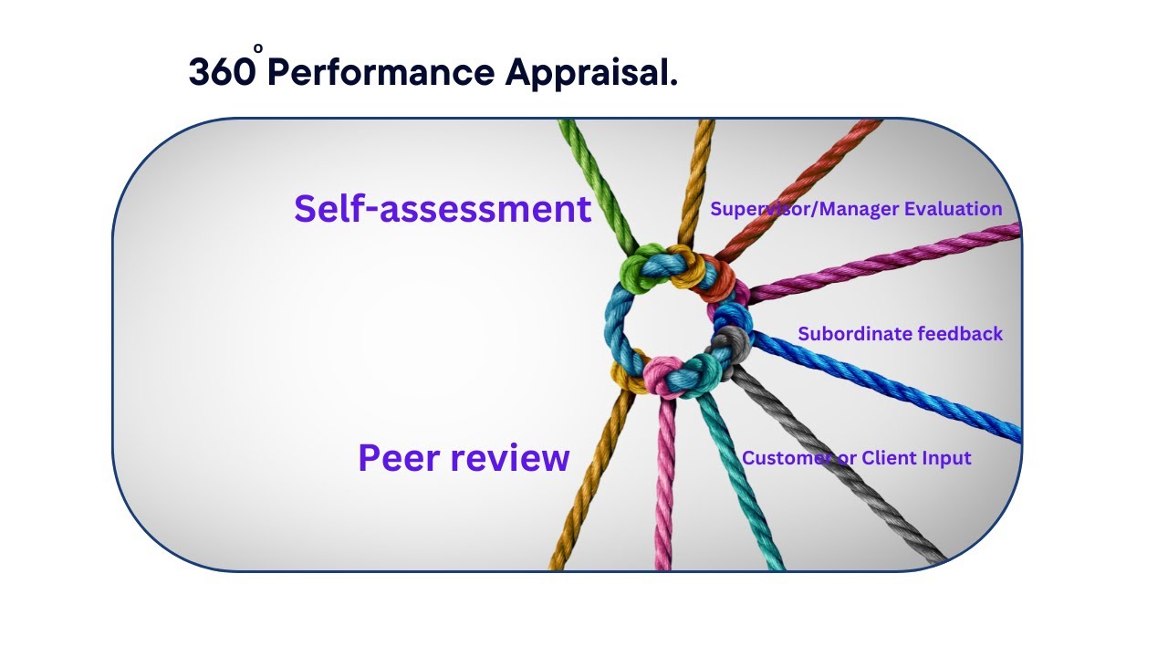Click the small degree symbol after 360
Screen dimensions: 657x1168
point(258,48)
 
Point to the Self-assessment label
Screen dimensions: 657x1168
point(443,209)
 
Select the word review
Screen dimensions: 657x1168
point(517,457)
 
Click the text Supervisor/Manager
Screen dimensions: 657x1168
point(803,209)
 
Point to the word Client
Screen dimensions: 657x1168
point(895,458)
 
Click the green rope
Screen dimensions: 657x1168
point(593,173)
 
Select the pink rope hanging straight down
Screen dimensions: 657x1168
point(663,493)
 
